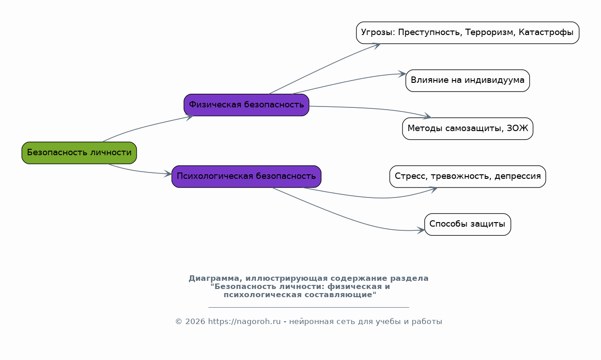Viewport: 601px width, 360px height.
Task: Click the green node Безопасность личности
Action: click(79, 153)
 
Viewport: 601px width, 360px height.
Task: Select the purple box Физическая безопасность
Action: click(246, 105)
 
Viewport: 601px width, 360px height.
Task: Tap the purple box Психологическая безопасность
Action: click(246, 177)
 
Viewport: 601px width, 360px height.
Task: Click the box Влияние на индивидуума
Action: click(468, 81)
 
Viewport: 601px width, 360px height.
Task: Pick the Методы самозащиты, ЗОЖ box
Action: click(468, 128)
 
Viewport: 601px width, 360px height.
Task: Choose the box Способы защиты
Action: click(468, 224)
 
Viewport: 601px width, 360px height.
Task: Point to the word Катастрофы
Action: click(546, 32)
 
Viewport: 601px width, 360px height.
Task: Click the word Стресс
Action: click(410, 176)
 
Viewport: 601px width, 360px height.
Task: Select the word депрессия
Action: click(518, 176)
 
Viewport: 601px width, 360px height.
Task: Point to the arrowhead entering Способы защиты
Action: click(421, 230)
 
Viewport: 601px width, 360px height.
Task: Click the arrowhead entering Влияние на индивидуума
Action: click(402, 74)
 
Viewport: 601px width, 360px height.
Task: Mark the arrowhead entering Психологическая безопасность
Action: click(168, 174)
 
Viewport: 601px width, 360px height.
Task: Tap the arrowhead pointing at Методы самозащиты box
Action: click(428, 116)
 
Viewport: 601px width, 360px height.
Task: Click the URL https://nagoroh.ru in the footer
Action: click(244, 321)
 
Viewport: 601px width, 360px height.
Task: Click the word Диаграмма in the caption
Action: click(214, 279)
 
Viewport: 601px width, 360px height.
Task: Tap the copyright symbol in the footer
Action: click(178, 322)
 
